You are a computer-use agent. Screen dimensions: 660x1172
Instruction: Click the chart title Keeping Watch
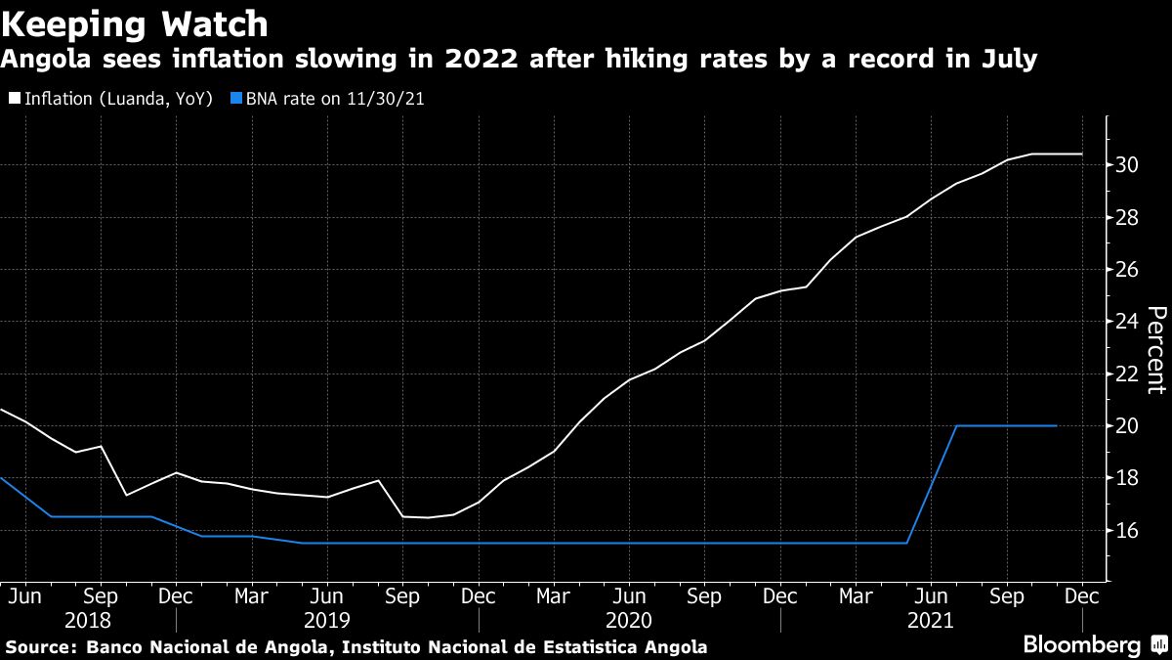point(136,22)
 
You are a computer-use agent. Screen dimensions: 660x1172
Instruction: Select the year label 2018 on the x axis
point(89,620)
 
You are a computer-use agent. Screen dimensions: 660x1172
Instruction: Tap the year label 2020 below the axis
point(630,620)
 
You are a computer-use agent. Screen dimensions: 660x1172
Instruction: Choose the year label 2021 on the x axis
point(932,620)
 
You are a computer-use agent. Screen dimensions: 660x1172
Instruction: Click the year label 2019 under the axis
point(328,620)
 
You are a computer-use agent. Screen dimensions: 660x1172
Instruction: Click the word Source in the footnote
point(40,647)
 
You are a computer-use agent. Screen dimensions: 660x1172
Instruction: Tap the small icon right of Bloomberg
point(1157,644)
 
